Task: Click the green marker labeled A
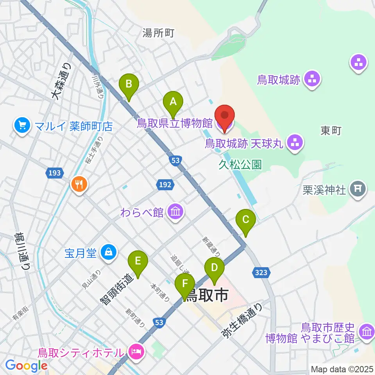click(173, 103)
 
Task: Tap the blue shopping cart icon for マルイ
click(22, 125)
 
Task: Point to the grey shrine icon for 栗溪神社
click(357, 190)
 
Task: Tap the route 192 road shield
click(165, 184)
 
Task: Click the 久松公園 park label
click(240, 165)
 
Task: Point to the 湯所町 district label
click(158, 34)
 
